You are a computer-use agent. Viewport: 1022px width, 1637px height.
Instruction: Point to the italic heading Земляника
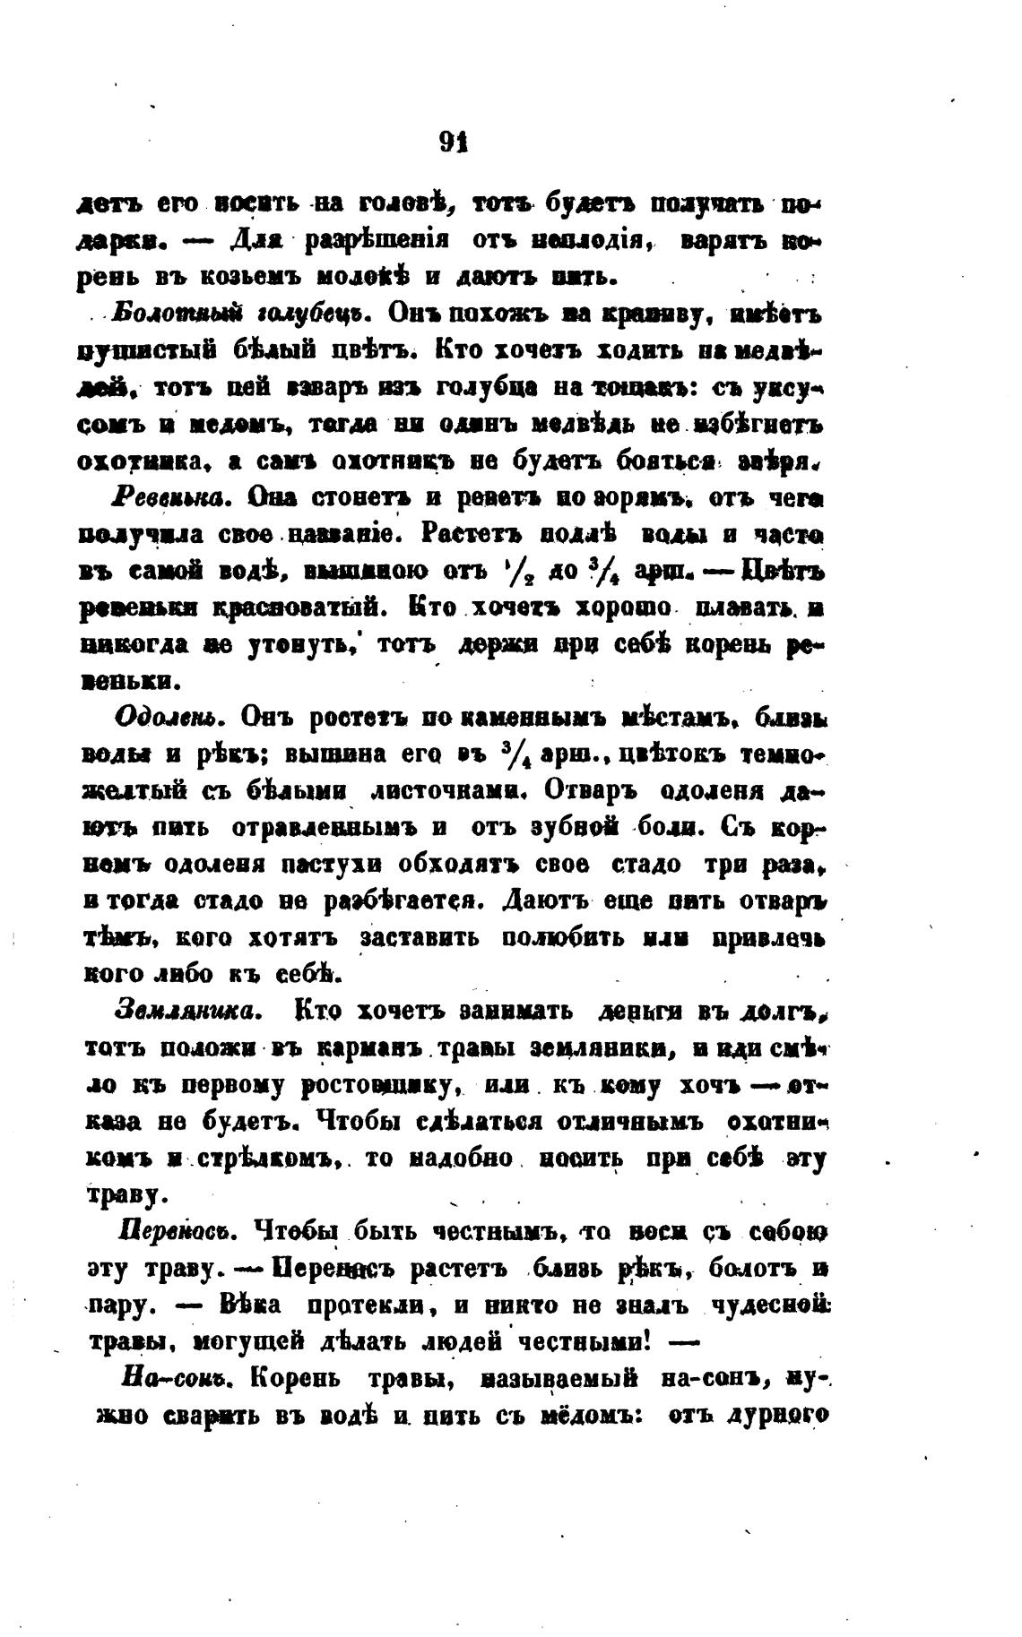187,1011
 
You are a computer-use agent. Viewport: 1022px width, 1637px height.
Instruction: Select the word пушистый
137,353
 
